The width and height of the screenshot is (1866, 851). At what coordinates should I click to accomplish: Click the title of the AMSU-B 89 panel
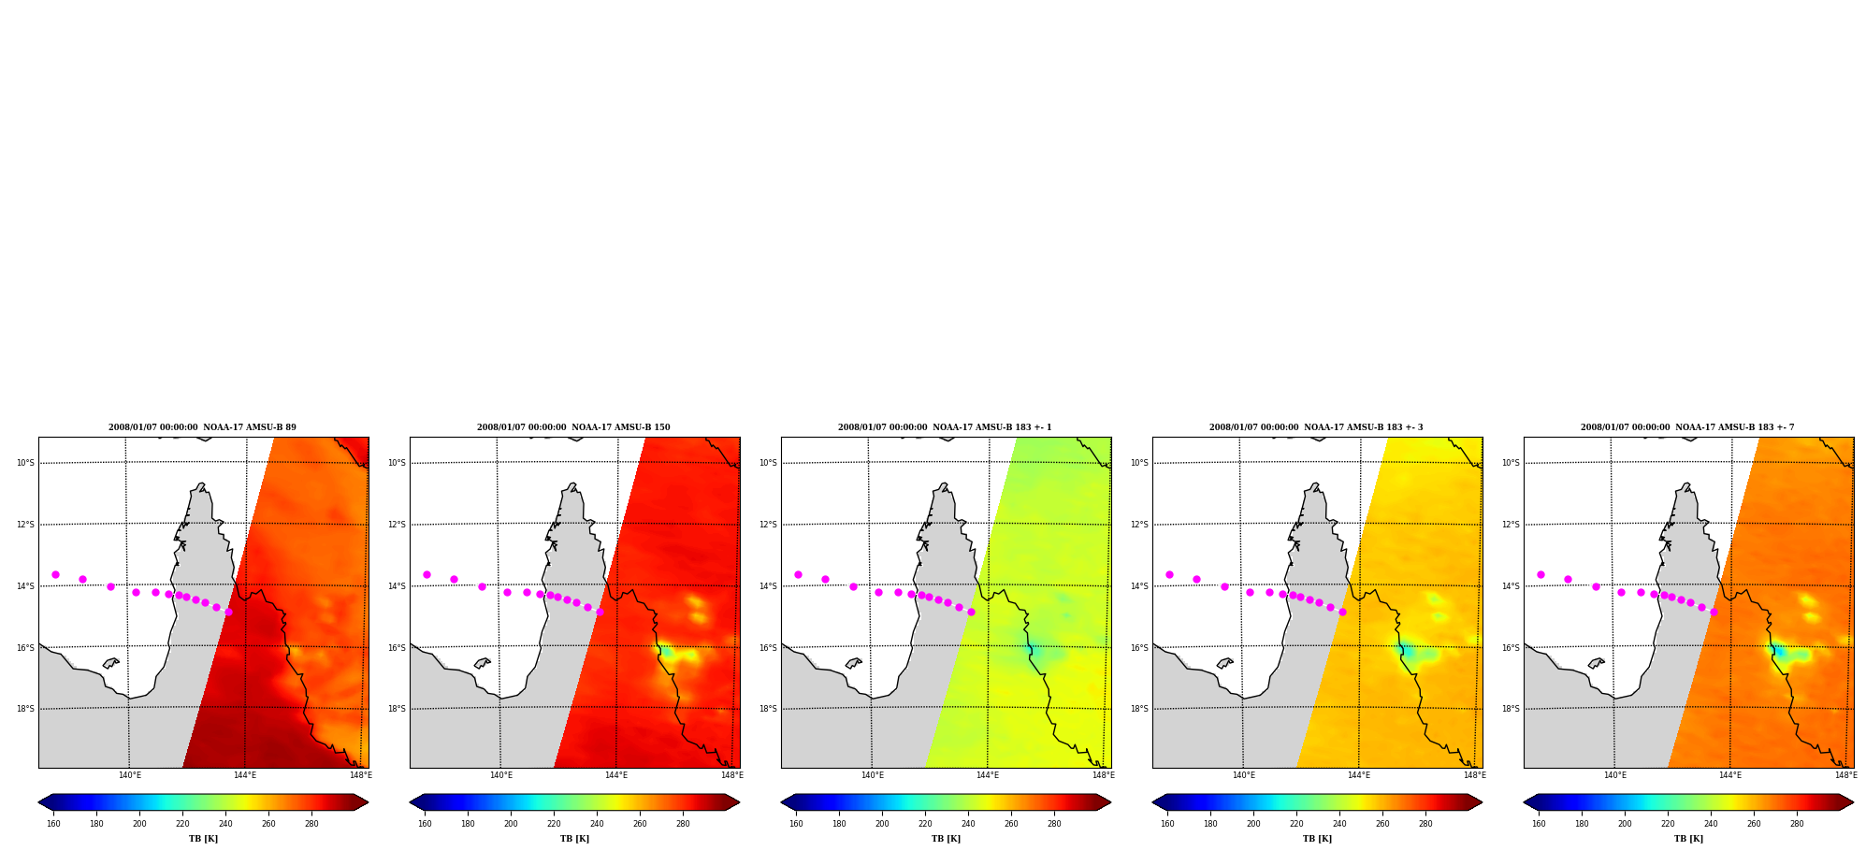coord(202,427)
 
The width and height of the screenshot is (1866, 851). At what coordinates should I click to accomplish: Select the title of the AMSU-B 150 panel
coord(573,427)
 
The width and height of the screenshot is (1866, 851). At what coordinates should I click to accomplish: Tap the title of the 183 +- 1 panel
coord(945,427)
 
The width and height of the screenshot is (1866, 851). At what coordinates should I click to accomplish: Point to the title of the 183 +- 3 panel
coord(1316,427)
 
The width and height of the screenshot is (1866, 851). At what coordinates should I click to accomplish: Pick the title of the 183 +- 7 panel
coord(1687,427)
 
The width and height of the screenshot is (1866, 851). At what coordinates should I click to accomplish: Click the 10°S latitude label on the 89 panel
coord(25,463)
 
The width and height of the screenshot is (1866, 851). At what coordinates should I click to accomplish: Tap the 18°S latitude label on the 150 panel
coord(397,709)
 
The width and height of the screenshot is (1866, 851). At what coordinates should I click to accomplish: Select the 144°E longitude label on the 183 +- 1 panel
coord(988,775)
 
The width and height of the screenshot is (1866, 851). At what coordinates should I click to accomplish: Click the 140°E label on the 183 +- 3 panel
coord(1243,775)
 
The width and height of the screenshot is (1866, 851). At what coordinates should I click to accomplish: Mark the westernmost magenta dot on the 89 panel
coord(55,574)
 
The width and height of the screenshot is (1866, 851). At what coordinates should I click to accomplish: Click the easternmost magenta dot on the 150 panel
coord(600,612)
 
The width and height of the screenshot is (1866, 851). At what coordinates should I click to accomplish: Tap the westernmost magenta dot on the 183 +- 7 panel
coord(1541,574)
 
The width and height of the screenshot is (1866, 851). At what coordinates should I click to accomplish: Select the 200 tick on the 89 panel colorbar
coord(139,824)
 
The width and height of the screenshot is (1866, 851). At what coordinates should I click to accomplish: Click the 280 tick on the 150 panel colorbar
coord(683,824)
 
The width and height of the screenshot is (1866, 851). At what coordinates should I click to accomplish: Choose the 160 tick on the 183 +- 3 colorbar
coord(1167,824)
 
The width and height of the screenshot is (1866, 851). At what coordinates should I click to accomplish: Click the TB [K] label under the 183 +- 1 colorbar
coord(946,839)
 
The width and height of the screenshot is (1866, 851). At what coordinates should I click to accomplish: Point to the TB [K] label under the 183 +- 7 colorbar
coord(1688,839)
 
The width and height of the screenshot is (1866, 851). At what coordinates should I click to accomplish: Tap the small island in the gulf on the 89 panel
coord(110,663)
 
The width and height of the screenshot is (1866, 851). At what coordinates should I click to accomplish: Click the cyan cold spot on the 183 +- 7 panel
coord(1779,652)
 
